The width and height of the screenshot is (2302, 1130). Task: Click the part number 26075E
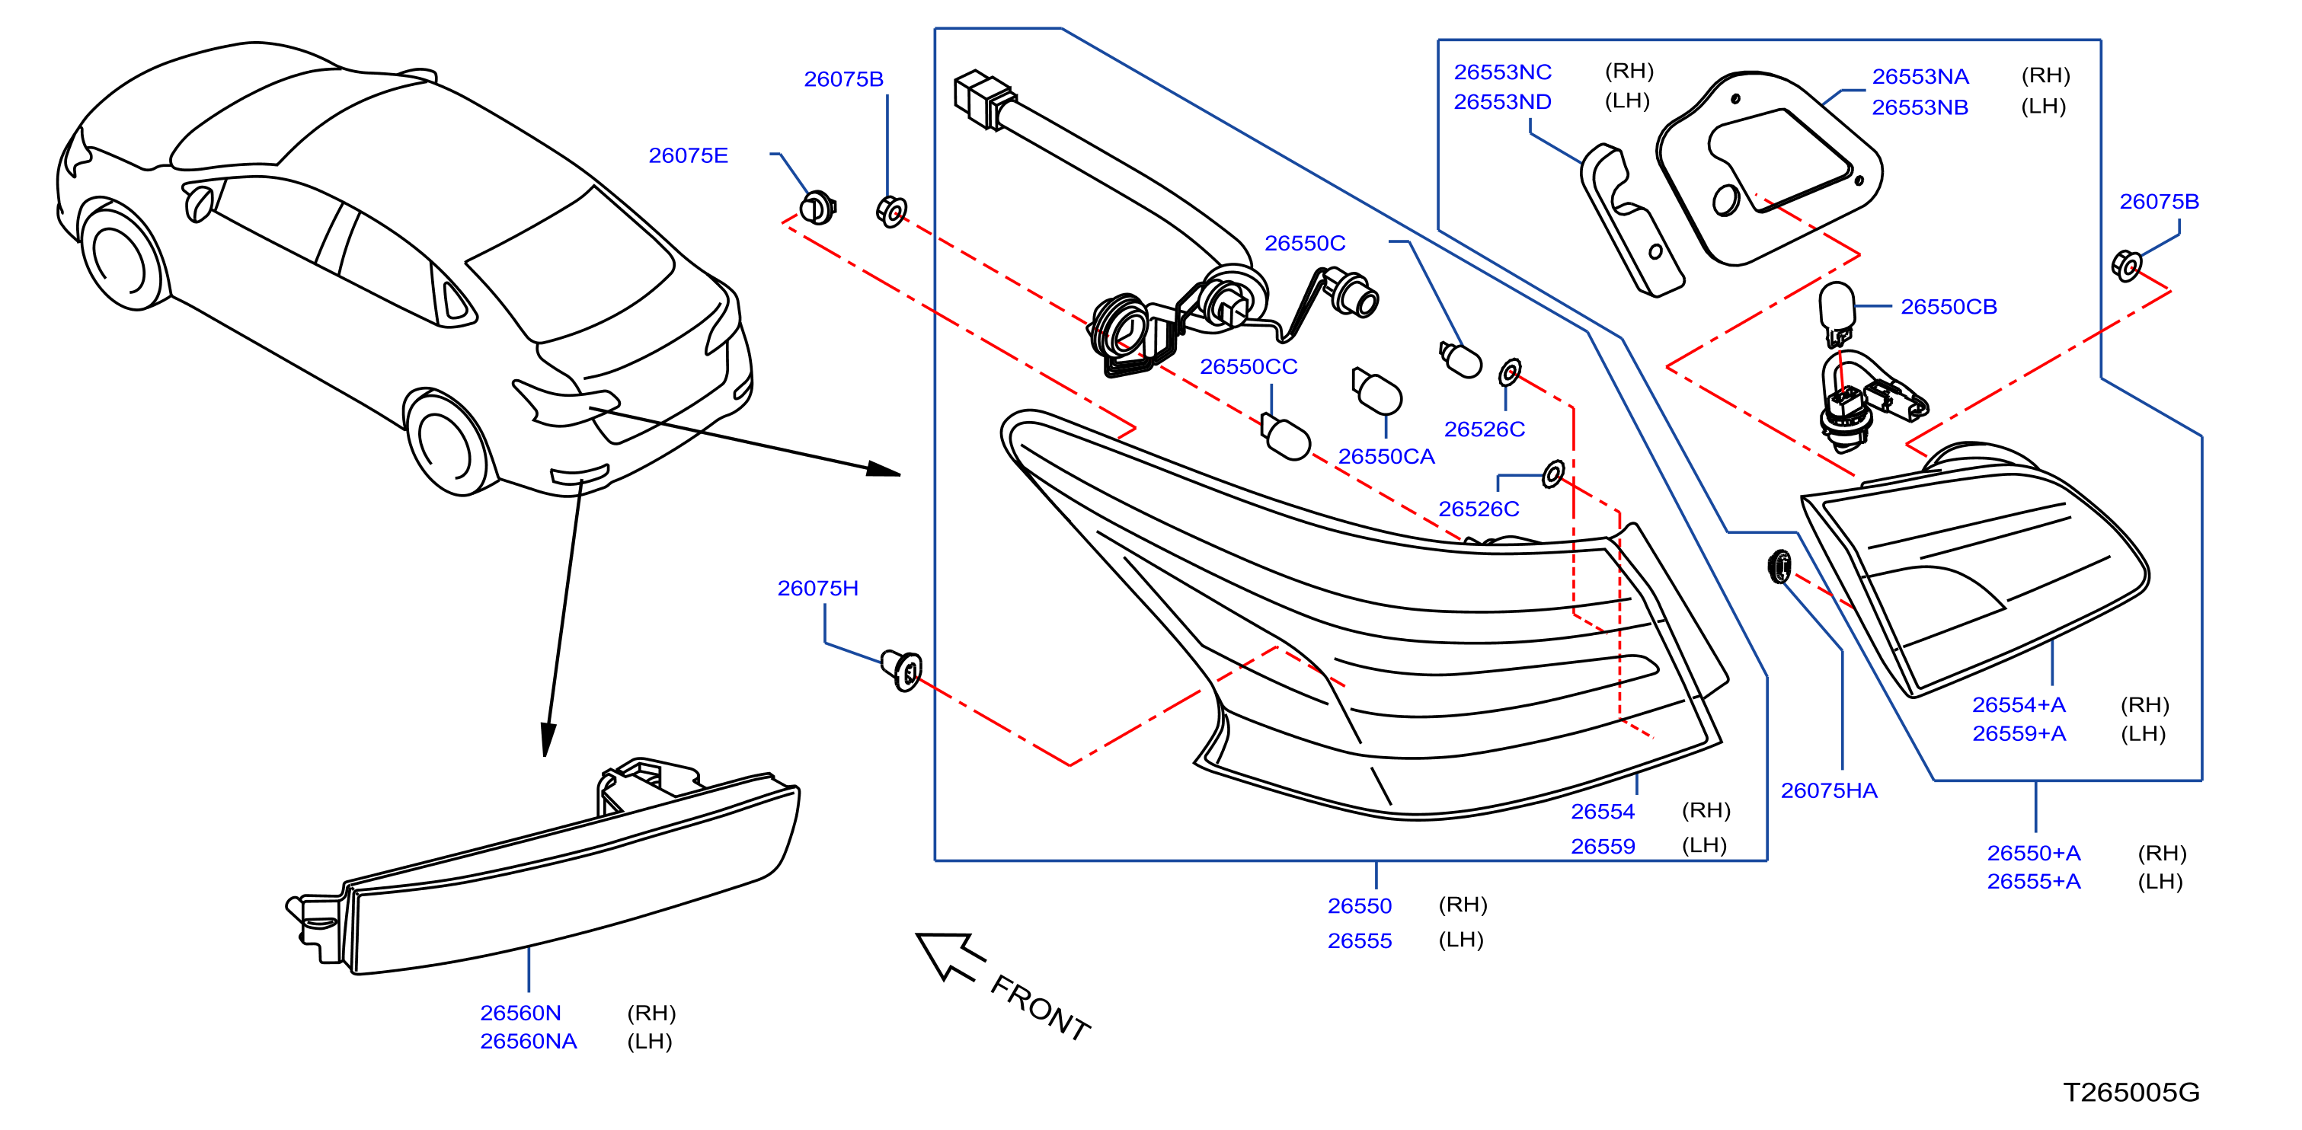(688, 155)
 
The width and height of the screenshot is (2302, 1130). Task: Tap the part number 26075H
(817, 588)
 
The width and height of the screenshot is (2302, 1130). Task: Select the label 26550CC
(1249, 366)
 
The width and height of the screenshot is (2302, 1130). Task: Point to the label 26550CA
(1386, 456)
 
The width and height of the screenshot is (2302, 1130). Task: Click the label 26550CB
(1949, 306)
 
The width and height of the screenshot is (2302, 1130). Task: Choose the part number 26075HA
(1829, 790)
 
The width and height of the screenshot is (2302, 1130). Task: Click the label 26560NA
(528, 1042)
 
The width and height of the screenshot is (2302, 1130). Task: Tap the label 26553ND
(1502, 102)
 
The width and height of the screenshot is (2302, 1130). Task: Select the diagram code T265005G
(2131, 1092)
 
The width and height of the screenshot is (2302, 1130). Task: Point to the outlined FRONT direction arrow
(949, 956)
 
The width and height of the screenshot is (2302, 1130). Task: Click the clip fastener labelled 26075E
(817, 208)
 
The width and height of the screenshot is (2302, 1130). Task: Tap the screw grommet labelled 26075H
(902, 670)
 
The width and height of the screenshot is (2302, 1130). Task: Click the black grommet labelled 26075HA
(1780, 567)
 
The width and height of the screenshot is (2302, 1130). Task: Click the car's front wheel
(125, 257)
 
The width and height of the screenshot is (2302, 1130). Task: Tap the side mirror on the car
(198, 203)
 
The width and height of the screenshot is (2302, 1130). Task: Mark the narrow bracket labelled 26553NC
(1631, 219)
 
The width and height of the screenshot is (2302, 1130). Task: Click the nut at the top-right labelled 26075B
(2127, 265)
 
